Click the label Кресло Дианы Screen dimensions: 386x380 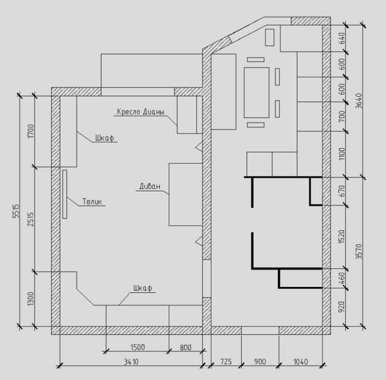point(140,112)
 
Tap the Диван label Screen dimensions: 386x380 point(150,186)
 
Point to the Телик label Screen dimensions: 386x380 point(92,202)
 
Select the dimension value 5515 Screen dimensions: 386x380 point(16,211)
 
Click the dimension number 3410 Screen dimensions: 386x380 point(131,362)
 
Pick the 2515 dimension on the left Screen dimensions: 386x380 point(31,219)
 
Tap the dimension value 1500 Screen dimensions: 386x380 point(137,347)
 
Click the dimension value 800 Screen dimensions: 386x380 point(185,347)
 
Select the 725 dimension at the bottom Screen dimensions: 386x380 point(226,361)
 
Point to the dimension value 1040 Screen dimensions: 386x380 point(301,362)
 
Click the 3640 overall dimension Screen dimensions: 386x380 point(359,101)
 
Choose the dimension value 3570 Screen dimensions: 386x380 point(359,251)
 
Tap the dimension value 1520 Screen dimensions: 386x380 point(342,237)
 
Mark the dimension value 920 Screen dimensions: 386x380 point(342,307)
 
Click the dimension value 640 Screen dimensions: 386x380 point(342,38)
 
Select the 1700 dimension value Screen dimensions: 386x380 point(31,131)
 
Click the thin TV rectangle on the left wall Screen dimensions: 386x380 point(65,194)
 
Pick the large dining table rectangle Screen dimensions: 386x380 point(257,93)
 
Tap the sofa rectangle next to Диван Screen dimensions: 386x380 point(185,194)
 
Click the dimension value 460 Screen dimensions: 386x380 point(342,278)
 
